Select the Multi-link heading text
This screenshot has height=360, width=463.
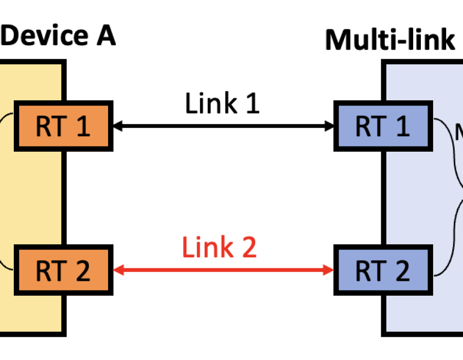tap(390, 40)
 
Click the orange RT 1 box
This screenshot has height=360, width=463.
tap(63, 127)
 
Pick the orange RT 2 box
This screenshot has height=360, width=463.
tap(63, 270)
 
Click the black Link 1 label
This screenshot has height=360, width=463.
tap(222, 103)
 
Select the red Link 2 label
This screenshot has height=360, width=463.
tap(219, 248)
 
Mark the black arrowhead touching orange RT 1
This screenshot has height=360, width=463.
tap(117, 125)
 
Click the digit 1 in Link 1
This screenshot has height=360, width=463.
tap(251, 103)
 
